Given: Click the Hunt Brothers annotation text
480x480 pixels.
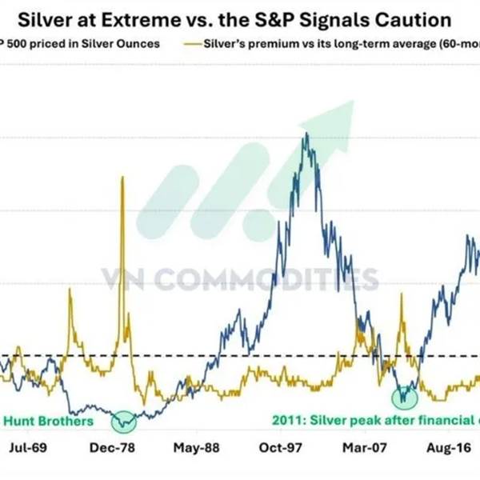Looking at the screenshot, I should [x=48, y=421].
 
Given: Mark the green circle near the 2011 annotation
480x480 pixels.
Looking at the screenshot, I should [x=405, y=396].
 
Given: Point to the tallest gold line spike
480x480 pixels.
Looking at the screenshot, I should [x=122, y=178].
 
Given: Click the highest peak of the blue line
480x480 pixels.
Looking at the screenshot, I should [x=305, y=136].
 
